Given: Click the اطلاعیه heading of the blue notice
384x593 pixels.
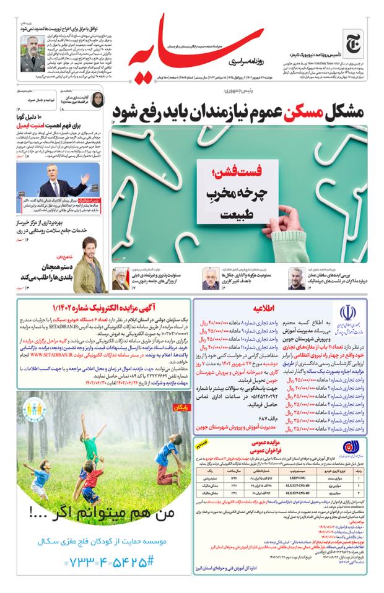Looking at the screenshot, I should pos(263,306).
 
